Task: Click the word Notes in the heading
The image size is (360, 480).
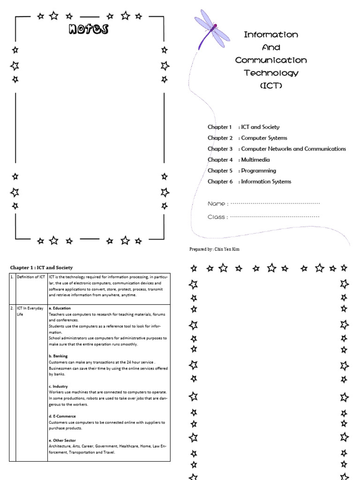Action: click(88, 30)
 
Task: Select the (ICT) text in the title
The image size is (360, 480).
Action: click(271, 86)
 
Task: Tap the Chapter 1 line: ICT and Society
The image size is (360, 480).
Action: click(243, 127)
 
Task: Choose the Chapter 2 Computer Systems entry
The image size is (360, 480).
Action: click(247, 138)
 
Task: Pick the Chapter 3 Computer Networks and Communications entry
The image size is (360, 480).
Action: click(277, 149)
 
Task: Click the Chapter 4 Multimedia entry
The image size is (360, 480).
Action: click(239, 160)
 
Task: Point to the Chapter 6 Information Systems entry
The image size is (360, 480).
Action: click(249, 182)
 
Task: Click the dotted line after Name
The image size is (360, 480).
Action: click(275, 204)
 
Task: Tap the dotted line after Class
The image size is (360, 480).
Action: click(275, 217)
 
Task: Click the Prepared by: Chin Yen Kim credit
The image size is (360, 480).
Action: click(214, 249)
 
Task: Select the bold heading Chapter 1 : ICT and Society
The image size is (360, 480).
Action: click(42, 268)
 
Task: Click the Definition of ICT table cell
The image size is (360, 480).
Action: click(31, 277)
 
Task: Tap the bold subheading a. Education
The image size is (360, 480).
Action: click(60, 308)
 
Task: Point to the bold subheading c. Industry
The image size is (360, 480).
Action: click(58, 386)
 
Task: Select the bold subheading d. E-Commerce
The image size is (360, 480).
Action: click(62, 416)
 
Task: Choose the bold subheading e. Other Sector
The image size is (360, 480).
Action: click(62, 441)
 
